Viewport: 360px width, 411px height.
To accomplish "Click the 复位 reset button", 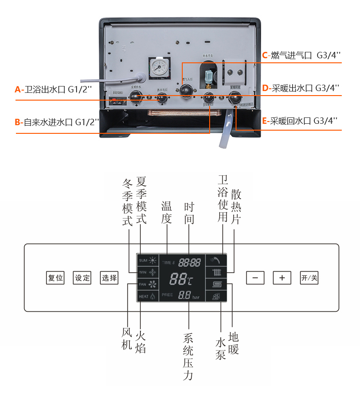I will coord(56,278).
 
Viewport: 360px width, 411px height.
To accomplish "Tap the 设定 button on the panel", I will coord(82,278).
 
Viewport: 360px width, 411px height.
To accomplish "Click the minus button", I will coord(255,278).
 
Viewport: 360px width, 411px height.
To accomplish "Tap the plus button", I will coord(282,278).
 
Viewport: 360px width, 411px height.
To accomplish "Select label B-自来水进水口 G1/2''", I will coord(57,122).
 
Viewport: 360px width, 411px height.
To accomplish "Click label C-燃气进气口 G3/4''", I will coord(301,56).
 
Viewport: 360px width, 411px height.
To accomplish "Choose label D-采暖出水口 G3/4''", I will coord(300,87).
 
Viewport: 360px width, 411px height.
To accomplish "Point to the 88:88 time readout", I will coord(190,262).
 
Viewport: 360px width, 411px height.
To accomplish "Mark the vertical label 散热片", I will coord(236,207).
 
